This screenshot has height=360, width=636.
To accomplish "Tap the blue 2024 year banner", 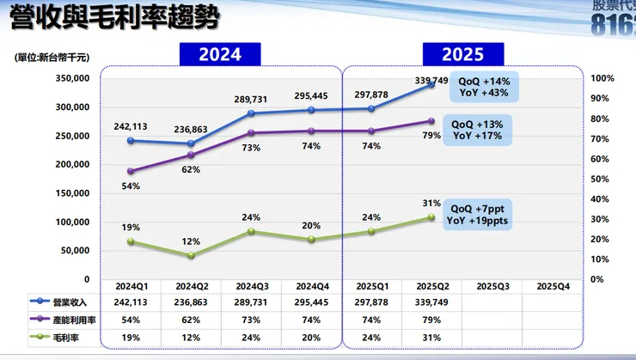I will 219,54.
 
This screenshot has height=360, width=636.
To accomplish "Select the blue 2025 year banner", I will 463,54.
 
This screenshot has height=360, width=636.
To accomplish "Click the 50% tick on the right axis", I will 602,179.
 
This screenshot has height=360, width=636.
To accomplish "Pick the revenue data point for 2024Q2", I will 192,143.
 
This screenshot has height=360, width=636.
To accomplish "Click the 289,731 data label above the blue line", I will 252,100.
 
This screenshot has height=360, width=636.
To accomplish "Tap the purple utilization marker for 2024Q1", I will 131,171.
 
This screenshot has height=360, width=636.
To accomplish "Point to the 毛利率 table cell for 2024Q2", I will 192,337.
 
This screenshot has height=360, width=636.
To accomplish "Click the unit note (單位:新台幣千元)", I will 52,57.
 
